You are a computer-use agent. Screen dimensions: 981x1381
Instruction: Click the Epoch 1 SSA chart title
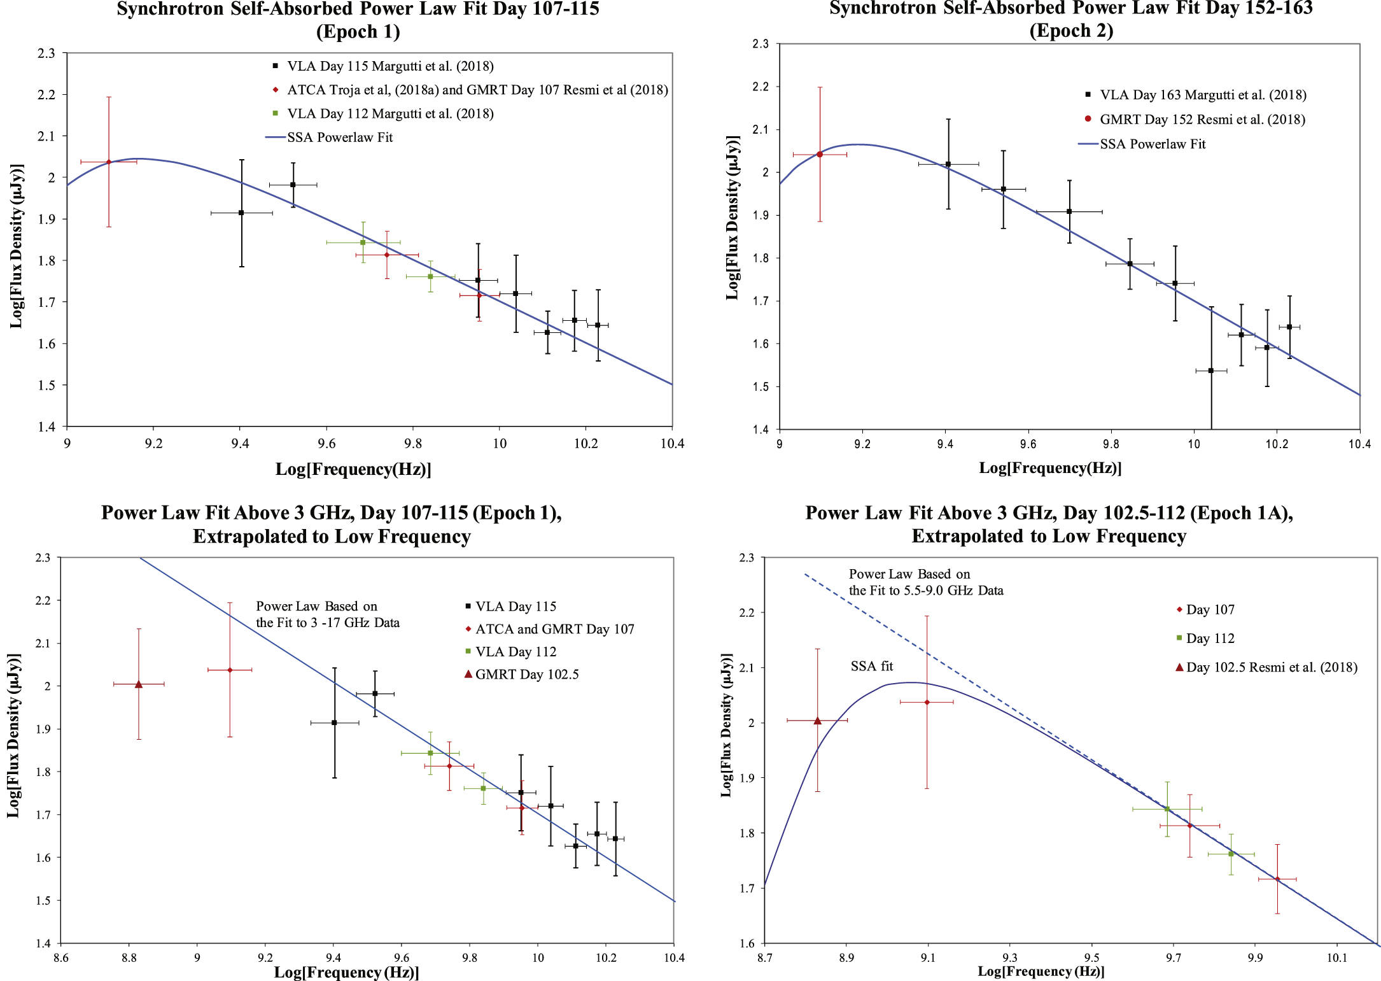[x=358, y=19]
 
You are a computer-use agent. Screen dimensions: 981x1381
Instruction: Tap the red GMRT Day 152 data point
[x=820, y=155]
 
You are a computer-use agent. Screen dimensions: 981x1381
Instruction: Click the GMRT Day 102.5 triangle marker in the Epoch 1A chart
[x=817, y=721]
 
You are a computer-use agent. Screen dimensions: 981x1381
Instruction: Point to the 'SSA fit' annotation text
[x=871, y=667]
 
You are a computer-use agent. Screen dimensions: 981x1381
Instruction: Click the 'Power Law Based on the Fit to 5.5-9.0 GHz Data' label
[x=925, y=582]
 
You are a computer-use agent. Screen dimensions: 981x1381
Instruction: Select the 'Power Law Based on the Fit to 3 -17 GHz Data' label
[x=327, y=614]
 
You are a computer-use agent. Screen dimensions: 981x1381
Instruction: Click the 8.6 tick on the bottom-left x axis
[x=60, y=957]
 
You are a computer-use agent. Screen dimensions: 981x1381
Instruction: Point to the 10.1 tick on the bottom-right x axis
[x=1336, y=957]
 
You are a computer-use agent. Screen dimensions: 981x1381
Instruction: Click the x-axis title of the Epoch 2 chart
[x=1050, y=469]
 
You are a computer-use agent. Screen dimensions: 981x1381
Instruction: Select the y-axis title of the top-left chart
[x=17, y=246]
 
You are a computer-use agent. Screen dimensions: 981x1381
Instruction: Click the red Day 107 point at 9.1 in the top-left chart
[x=109, y=162]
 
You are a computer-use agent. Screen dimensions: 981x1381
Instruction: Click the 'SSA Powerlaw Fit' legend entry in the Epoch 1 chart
[x=339, y=138]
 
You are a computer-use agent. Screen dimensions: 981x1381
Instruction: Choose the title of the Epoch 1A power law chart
[x=1049, y=525]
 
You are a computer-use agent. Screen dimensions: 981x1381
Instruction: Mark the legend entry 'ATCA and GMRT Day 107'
[x=554, y=630]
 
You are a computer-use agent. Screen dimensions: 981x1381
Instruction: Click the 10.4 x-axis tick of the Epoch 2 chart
[x=1359, y=444]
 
